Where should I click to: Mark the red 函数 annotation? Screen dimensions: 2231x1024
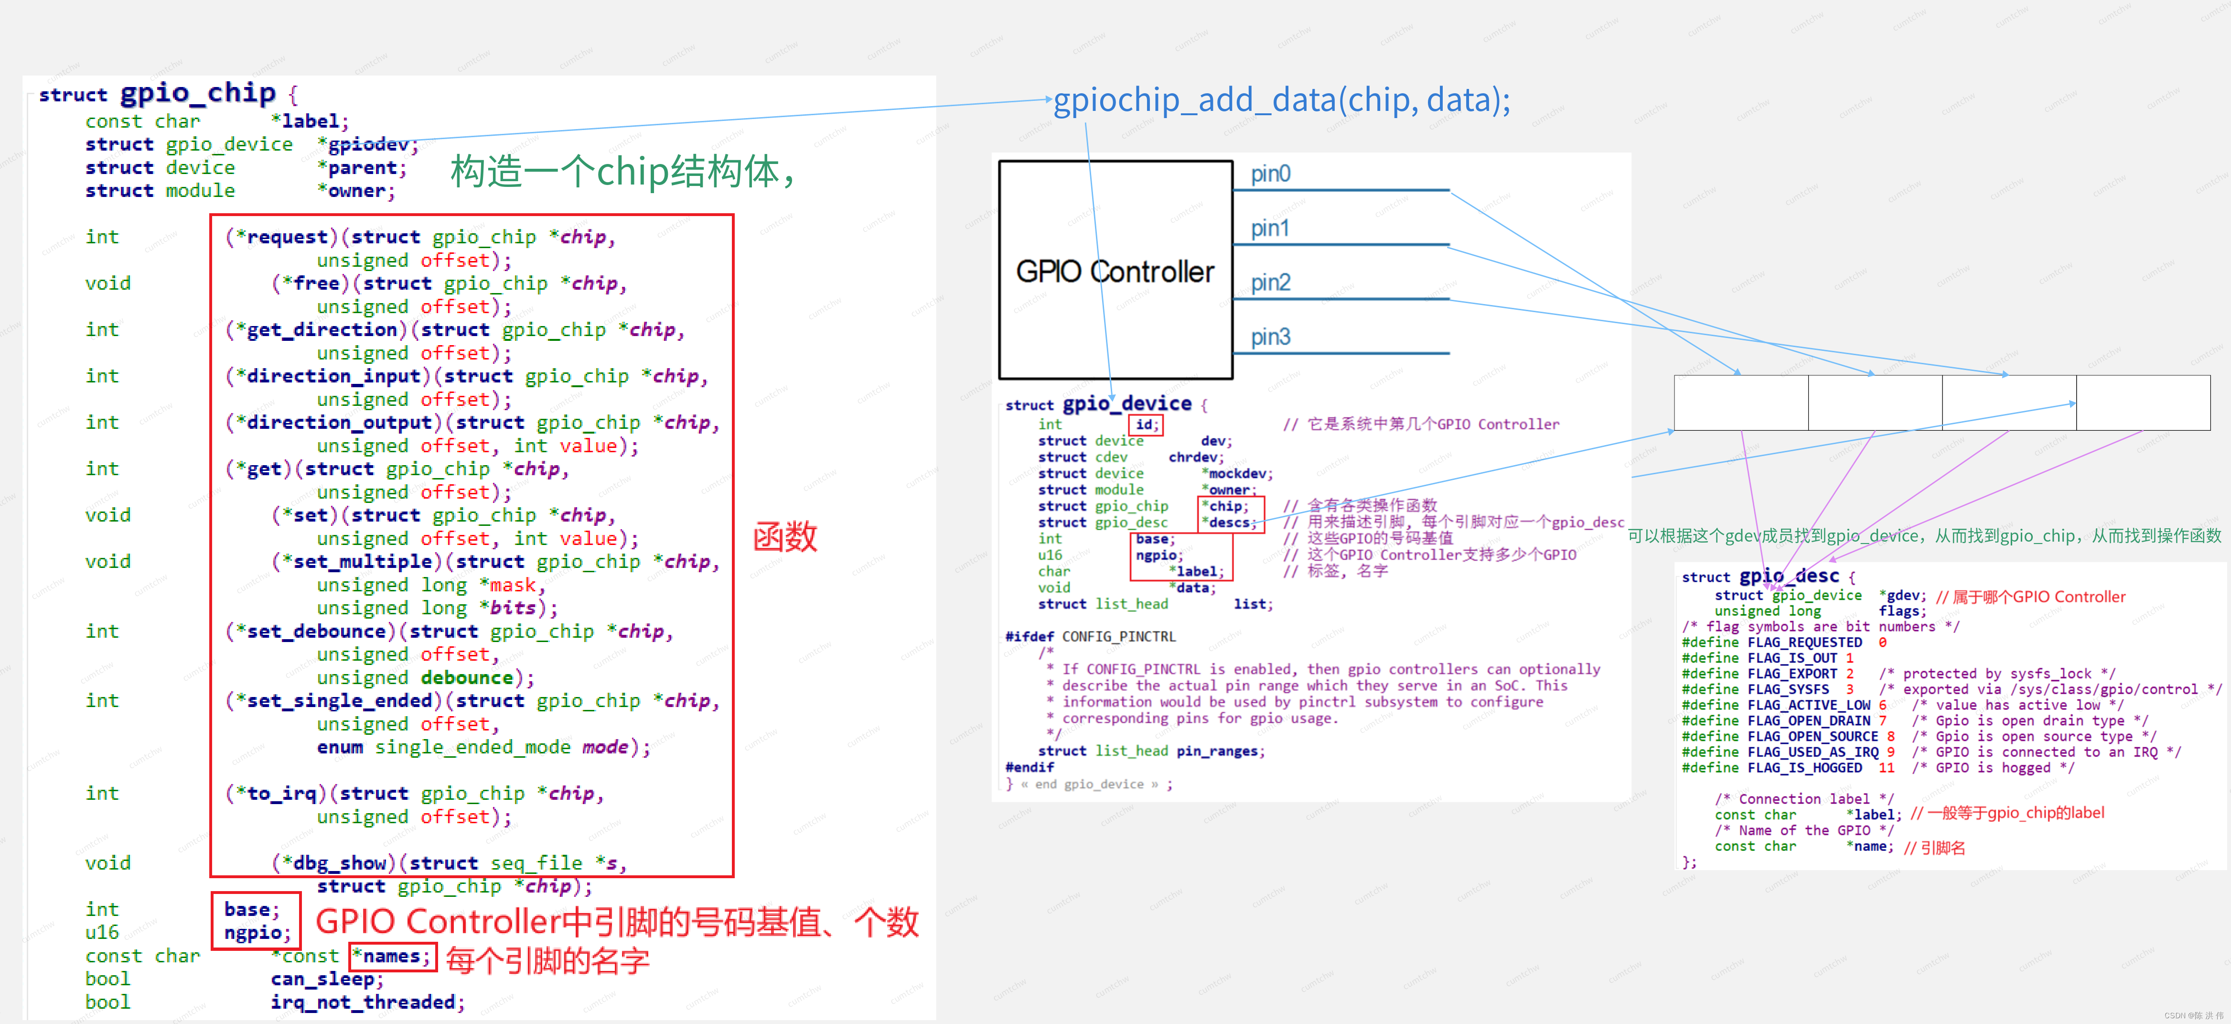click(784, 537)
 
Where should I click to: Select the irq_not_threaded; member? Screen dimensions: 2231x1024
click(367, 1002)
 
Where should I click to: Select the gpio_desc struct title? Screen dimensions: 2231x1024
click(1789, 576)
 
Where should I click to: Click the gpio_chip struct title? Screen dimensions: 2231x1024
click(197, 93)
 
